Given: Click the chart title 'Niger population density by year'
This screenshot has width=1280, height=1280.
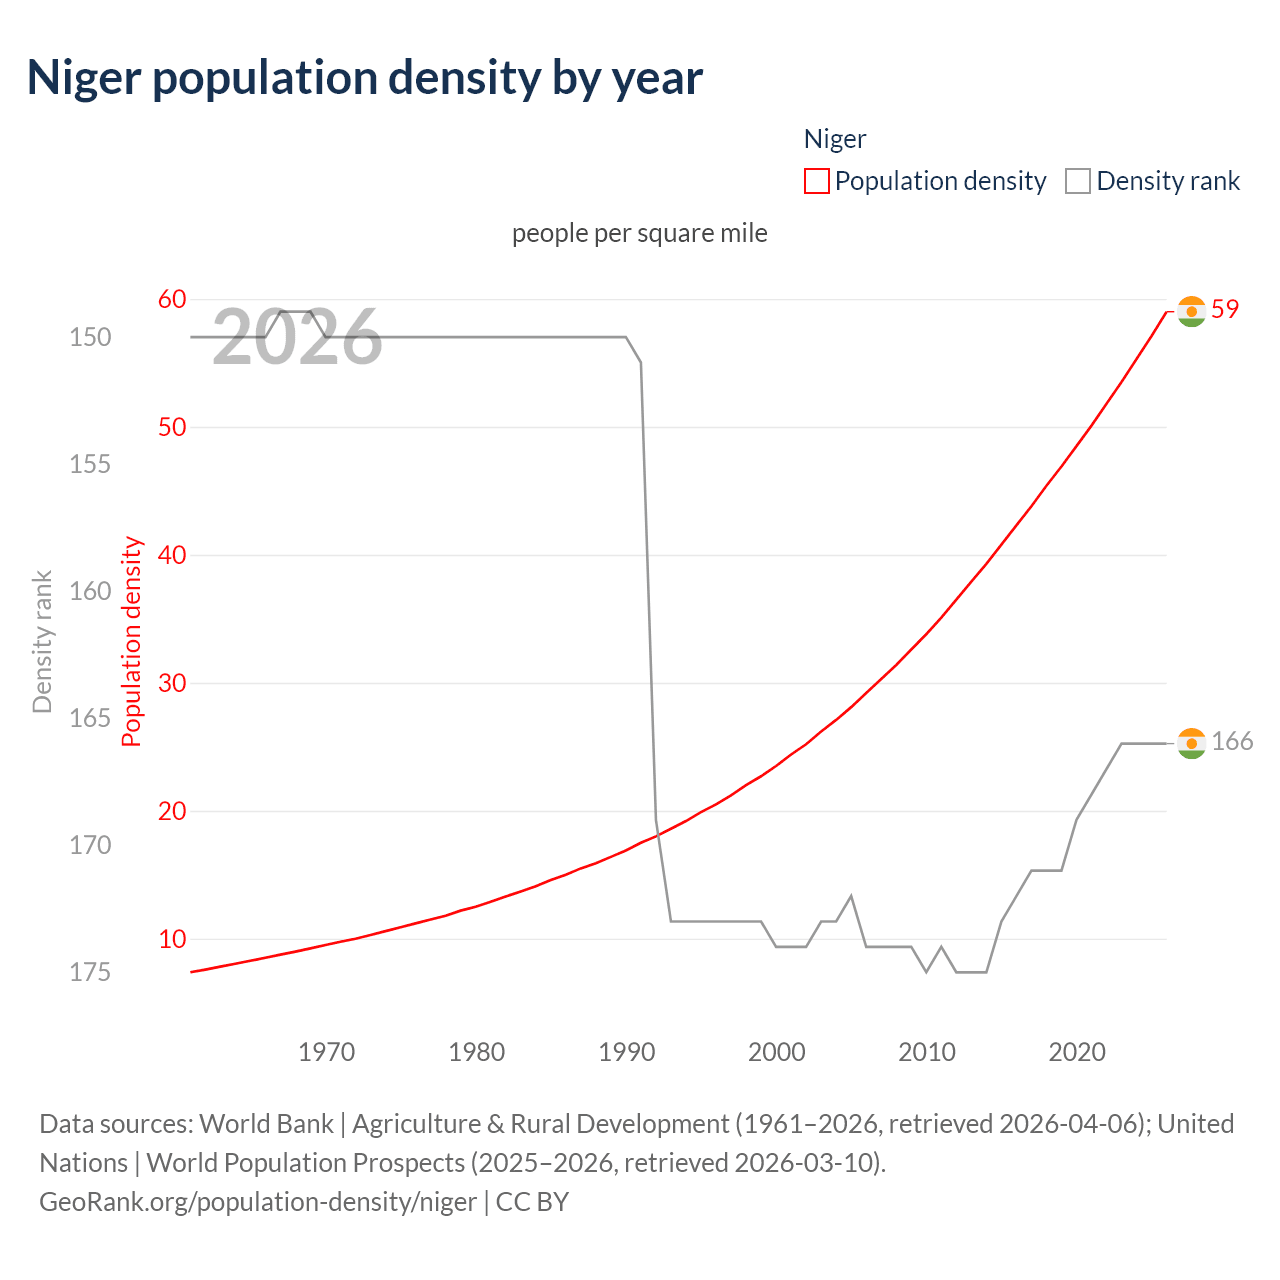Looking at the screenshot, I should tap(365, 78).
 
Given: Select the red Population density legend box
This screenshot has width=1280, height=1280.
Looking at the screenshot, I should tap(817, 181).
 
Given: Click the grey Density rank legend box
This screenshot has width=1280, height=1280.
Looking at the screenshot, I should tap(1077, 181).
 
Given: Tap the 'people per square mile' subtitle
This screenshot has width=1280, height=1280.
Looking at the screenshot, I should tap(640, 233).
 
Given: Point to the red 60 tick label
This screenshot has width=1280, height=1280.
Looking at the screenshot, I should tap(172, 299).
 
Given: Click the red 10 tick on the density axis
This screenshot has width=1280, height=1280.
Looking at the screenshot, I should tap(172, 939).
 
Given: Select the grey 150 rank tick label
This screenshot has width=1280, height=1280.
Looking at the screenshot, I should tap(90, 337).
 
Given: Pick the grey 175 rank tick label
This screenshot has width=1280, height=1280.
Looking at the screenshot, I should tap(90, 972).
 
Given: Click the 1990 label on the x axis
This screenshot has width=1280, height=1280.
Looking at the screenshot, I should tap(627, 1052).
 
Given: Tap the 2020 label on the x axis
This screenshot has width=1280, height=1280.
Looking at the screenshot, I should tap(1077, 1052).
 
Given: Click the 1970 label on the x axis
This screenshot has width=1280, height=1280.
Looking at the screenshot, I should tap(327, 1052).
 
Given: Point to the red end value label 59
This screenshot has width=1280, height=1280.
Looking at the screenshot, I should tap(1225, 310).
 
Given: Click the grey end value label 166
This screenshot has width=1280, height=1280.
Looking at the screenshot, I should tap(1232, 742).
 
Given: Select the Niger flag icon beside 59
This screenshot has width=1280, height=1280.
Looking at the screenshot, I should tap(1191, 311).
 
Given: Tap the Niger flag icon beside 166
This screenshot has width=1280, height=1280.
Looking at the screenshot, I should tap(1191, 743).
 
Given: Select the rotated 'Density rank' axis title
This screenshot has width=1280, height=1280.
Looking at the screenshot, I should tap(42, 642).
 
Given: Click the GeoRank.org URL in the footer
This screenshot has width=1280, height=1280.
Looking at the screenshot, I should tap(257, 1201).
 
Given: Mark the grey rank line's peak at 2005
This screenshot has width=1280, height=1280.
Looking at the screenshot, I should tap(851, 896).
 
